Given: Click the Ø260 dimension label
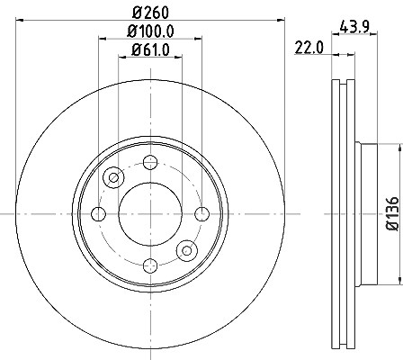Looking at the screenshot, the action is pyautogui.click(x=150, y=13).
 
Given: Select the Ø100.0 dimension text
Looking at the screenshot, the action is pyautogui.click(x=150, y=31).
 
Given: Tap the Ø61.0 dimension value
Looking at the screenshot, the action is pyautogui.click(x=150, y=49).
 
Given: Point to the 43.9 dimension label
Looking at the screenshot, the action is pyautogui.click(x=354, y=28).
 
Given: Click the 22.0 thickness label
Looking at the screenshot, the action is pyautogui.click(x=309, y=48).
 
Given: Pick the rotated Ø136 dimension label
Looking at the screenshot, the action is pyautogui.click(x=392, y=213).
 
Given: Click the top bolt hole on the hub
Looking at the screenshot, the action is pyautogui.click(x=150, y=162).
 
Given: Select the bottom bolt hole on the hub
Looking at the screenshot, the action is pyautogui.click(x=150, y=265).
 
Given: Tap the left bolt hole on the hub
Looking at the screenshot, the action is pyautogui.click(x=98, y=214).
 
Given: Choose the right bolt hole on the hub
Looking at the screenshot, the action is pyautogui.click(x=202, y=214).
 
